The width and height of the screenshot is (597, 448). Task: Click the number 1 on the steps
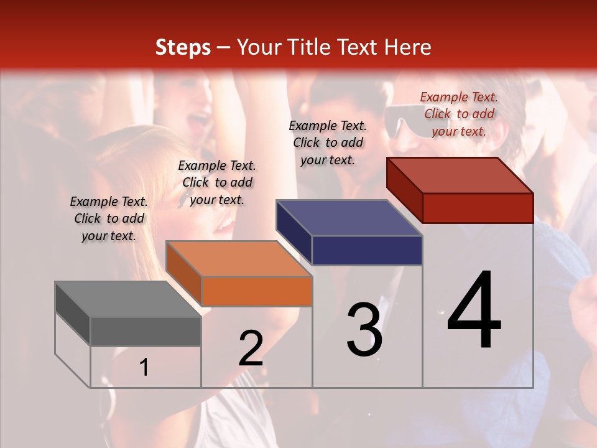point(144,367)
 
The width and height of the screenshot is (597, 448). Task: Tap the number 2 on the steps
point(251,348)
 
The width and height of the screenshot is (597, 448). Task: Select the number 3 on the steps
point(364,330)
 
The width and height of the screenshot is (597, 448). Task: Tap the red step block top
point(460,175)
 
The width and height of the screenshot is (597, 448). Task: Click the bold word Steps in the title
point(183,47)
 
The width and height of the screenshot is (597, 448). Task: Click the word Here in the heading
point(409,47)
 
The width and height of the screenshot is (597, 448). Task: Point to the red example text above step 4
point(460,114)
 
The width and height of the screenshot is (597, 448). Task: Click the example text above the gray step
point(109,218)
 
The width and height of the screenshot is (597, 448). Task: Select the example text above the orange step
point(217,182)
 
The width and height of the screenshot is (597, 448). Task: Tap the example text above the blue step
point(328,142)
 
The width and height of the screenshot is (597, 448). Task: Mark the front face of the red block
point(478,208)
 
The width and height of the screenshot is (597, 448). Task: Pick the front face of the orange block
point(257,291)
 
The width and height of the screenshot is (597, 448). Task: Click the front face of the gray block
point(146,331)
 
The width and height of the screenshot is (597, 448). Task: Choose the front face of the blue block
point(367,250)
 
